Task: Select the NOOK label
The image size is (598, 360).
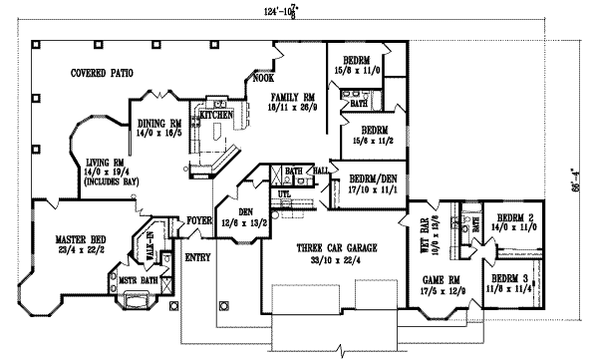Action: click(x=264, y=78)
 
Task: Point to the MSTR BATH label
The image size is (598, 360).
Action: click(x=139, y=281)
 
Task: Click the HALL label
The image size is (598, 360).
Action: click(x=321, y=172)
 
